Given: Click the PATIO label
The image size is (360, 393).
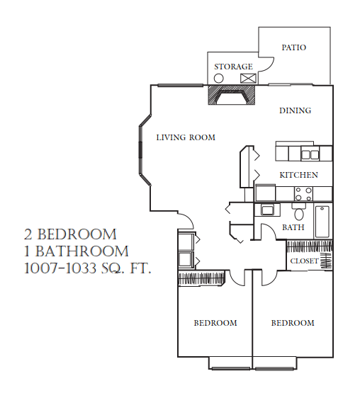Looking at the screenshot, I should click(x=293, y=47).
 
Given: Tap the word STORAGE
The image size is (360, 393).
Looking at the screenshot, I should click(x=233, y=67).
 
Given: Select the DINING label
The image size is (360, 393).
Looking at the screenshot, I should click(x=295, y=110).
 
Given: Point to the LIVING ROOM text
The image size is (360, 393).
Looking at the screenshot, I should click(x=186, y=137).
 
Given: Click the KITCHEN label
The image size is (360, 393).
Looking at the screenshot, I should click(x=298, y=174).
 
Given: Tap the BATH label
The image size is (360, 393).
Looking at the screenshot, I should click(x=293, y=227).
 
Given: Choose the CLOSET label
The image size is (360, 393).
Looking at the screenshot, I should click(x=305, y=261).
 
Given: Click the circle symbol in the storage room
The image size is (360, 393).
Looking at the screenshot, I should click(x=219, y=79).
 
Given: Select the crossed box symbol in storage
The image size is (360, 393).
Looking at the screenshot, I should click(x=247, y=79).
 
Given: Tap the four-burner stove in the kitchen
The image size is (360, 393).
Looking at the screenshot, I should click(x=303, y=193).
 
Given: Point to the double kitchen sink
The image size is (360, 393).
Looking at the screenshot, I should click(x=310, y=153).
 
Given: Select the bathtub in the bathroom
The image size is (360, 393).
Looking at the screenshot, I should click(x=322, y=221).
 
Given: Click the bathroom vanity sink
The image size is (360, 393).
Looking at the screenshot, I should click(x=268, y=210).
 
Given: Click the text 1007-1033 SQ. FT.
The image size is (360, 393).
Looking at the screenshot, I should click(x=88, y=268).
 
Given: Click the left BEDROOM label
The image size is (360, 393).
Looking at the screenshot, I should click(x=215, y=323).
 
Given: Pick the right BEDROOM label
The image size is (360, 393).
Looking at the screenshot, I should click(x=293, y=323).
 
